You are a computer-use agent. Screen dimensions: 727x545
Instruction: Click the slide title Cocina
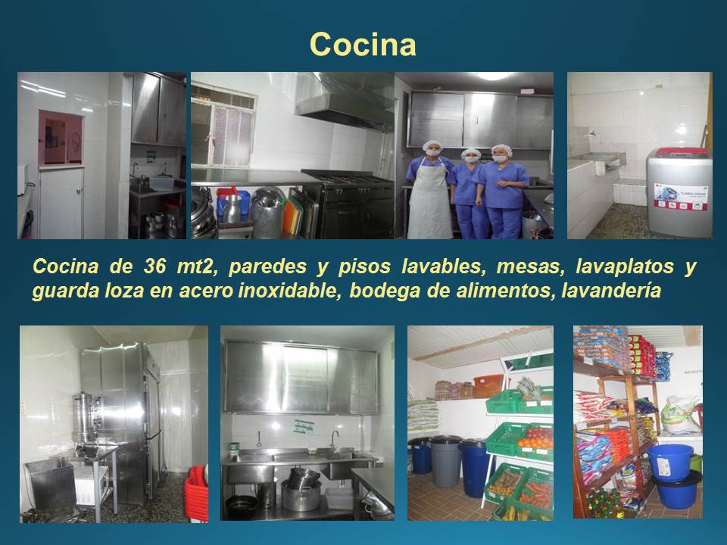(x=363, y=45)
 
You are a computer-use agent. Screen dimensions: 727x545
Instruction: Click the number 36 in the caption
(x=154, y=266)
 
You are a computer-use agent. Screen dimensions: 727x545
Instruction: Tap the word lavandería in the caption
(x=611, y=291)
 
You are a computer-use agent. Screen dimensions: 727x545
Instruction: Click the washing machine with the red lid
(x=679, y=192)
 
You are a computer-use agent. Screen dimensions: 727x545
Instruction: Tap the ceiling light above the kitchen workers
(x=492, y=76)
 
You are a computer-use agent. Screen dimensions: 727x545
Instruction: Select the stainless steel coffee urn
(x=85, y=418)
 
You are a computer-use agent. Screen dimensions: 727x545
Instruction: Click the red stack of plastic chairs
(x=197, y=494)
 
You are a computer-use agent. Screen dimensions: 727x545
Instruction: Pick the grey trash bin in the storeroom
(x=445, y=461)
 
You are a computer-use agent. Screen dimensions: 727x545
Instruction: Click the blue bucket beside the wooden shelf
(x=670, y=462)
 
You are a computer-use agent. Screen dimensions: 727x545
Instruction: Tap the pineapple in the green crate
(x=529, y=388)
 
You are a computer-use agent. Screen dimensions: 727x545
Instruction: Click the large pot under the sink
(x=301, y=495)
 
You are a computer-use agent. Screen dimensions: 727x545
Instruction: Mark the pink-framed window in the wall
(x=61, y=138)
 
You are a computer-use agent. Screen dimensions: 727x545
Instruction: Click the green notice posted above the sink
(x=304, y=427)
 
